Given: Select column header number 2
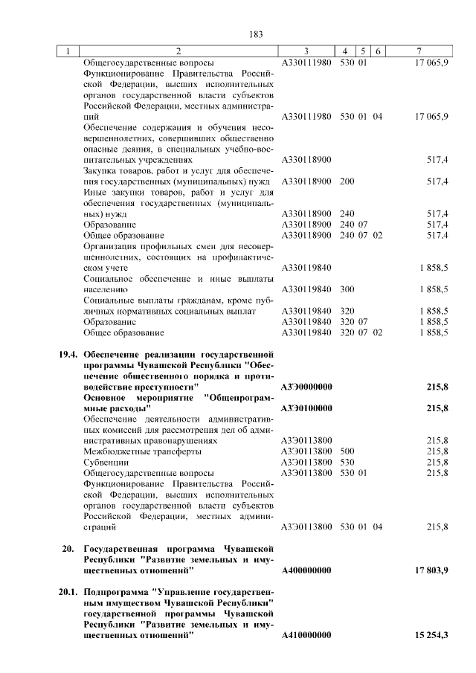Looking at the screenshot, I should point(178,51).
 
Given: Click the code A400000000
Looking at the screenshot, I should point(306,570).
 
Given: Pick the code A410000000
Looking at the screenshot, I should point(306,634).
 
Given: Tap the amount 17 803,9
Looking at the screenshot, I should point(428,570).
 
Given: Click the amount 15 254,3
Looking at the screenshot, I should point(428,634).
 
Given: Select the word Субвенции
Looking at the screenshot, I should point(104,462).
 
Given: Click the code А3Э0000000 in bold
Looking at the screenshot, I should point(306,387).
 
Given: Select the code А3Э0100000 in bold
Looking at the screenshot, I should point(306,408).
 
